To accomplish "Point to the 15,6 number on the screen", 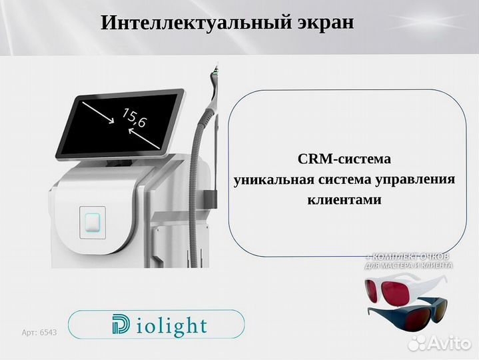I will [133, 118].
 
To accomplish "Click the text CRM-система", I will [344, 160].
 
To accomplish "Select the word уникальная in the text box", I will [268, 180].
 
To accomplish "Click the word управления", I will [416, 180].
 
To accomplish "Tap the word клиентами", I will [344, 199].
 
